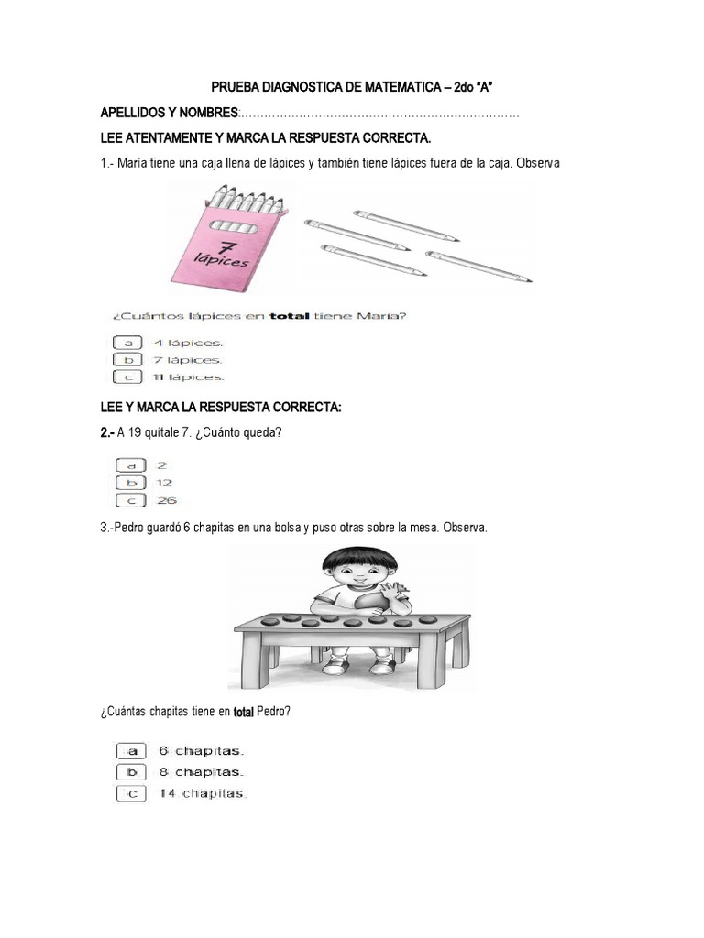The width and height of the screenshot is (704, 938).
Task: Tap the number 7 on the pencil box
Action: tap(225, 246)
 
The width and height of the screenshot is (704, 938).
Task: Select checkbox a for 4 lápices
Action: tap(127, 343)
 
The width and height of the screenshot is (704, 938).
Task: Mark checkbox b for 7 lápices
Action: tap(127, 359)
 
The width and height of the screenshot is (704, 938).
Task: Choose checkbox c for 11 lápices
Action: tap(127, 376)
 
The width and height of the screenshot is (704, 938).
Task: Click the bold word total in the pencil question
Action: tap(289, 316)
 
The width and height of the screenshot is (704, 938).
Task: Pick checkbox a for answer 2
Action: tap(130, 464)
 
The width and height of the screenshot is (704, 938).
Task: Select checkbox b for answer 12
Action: tap(130, 483)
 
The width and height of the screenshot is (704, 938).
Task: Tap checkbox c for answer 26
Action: tap(130, 501)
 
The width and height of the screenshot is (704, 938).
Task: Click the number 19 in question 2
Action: tap(135, 432)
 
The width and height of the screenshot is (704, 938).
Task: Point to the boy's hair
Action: tap(359, 560)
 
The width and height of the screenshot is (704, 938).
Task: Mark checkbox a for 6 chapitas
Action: tap(131, 751)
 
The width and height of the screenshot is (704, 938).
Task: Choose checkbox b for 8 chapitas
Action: tap(131, 771)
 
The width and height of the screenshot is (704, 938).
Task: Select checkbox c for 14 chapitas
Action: tap(131, 794)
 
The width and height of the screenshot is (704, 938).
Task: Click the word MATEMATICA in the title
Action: tap(402, 87)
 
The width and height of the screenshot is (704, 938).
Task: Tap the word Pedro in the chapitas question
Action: tap(273, 711)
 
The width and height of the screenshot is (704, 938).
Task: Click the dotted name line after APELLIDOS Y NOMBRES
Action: tap(379, 115)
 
